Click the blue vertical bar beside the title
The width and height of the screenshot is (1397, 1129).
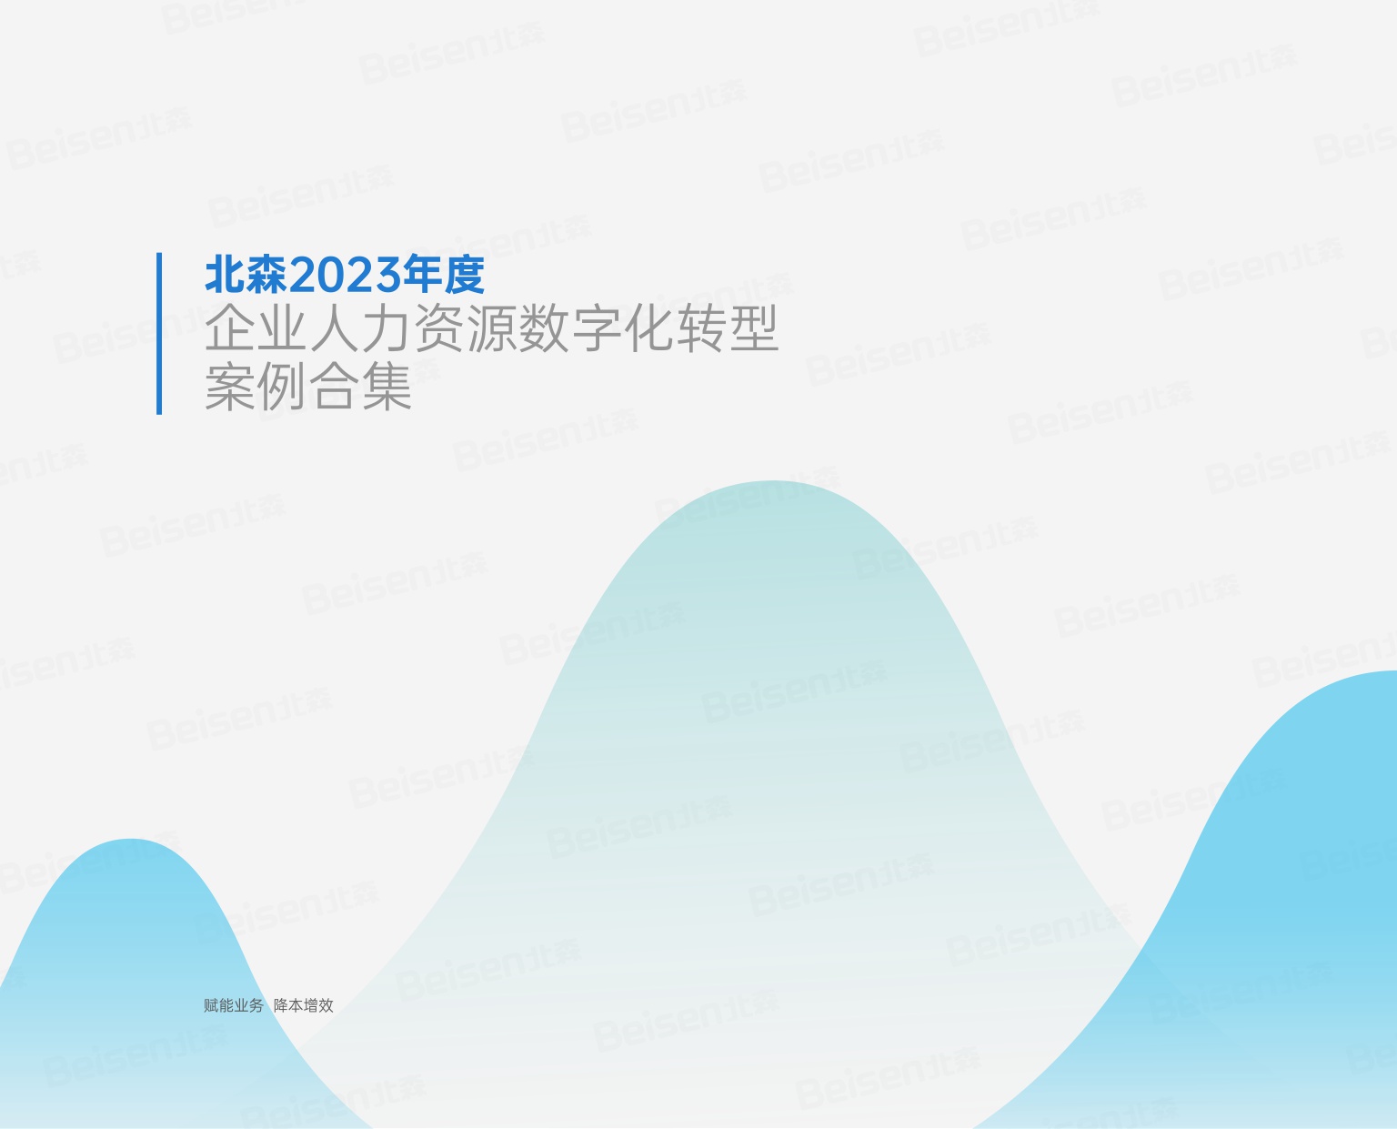click(159, 333)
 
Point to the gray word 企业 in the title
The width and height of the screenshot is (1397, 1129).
click(256, 328)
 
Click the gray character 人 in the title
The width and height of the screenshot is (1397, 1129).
click(336, 328)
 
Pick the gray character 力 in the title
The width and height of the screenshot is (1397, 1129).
click(387, 328)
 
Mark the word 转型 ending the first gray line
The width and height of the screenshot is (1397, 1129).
click(728, 328)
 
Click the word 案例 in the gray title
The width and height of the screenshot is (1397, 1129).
click(256, 387)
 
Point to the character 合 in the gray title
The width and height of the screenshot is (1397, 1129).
click(336, 387)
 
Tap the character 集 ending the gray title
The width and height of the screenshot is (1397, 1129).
click(387, 387)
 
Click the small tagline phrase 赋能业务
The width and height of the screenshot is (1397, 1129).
click(234, 1005)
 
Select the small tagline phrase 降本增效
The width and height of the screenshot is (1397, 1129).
click(304, 1005)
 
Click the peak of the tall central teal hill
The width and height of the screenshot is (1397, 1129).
click(772, 487)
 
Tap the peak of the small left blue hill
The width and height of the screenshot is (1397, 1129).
click(131, 844)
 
